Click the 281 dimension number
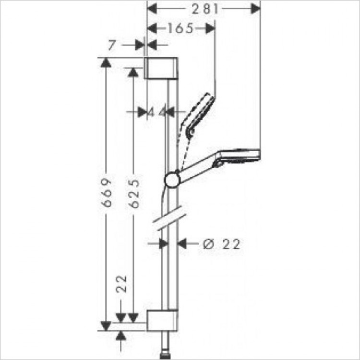tap(202, 8)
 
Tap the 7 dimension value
tap(111, 45)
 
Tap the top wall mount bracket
tap(162, 68)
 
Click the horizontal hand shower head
tap(238, 156)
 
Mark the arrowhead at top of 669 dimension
tap(106, 62)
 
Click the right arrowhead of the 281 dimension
tap(255, 8)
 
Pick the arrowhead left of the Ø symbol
tap(182, 244)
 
